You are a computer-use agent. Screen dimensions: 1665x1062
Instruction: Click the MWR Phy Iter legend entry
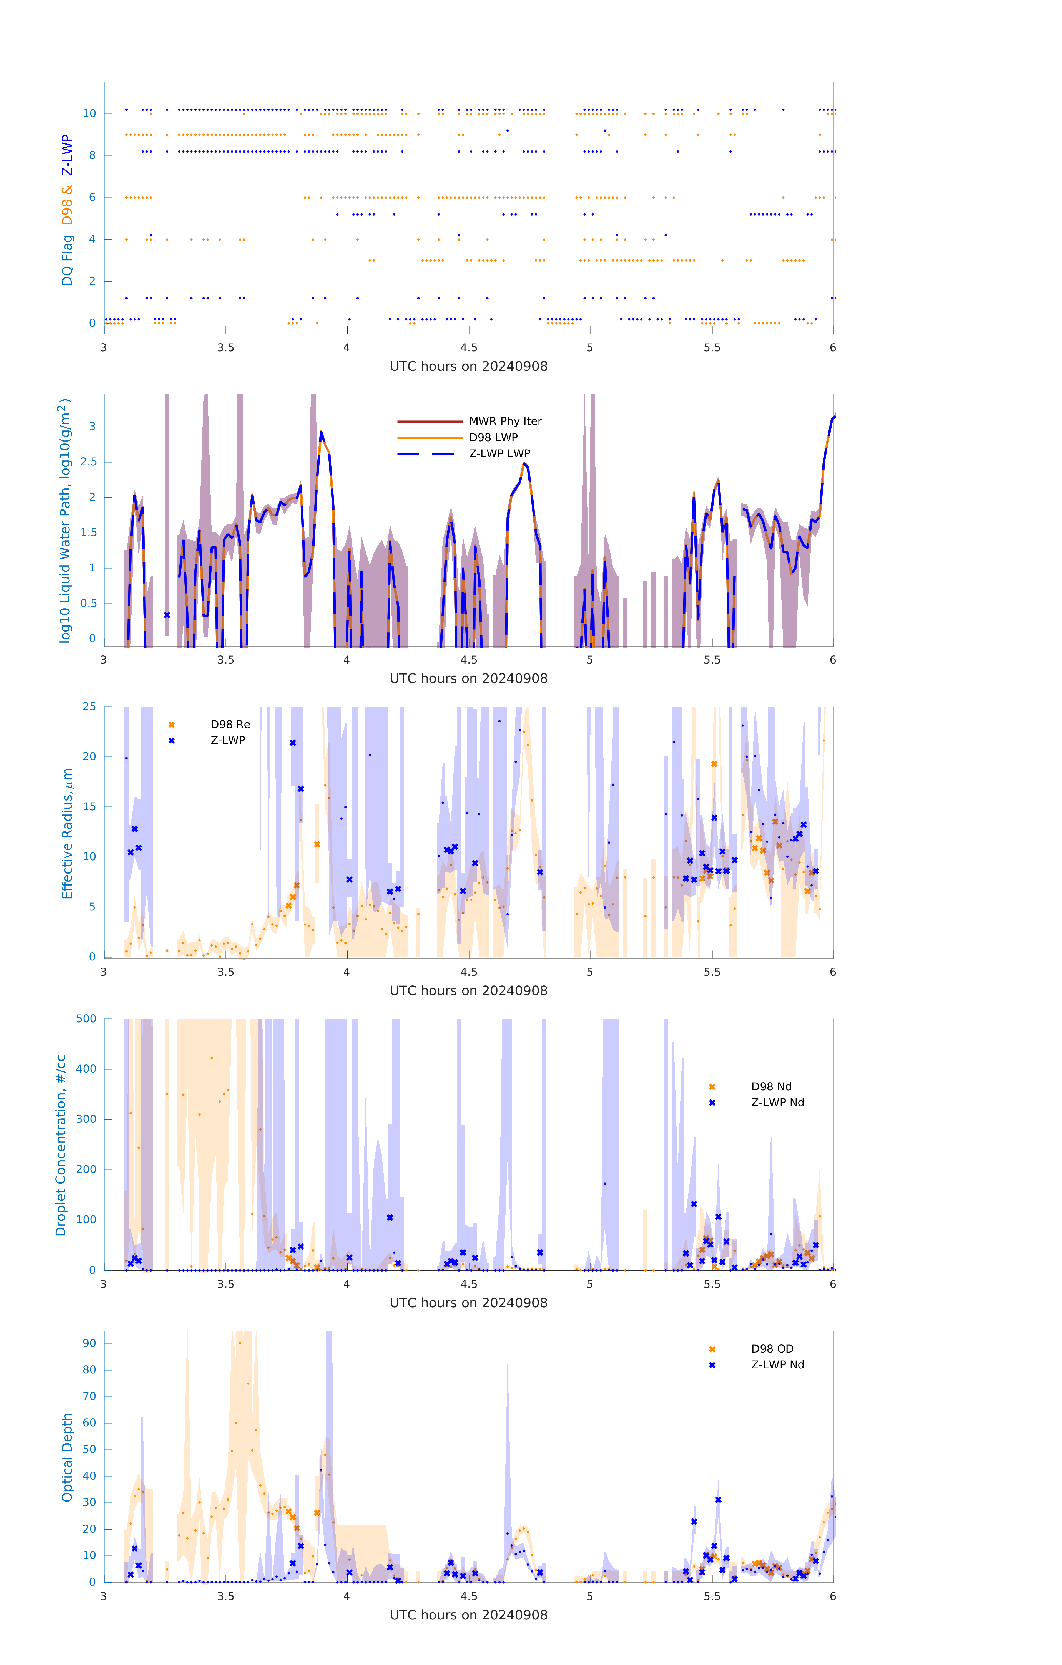tap(505, 421)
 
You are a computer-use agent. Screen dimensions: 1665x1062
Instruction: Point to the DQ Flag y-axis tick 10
tap(89, 113)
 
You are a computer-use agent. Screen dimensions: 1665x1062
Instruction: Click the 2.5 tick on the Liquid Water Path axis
tap(89, 462)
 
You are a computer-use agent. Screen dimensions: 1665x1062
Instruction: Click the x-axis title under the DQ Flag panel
tap(468, 367)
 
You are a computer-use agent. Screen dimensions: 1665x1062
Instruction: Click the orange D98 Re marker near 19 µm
tap(714, 764)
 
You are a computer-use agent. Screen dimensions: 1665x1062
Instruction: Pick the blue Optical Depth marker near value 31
tap(718, 1500)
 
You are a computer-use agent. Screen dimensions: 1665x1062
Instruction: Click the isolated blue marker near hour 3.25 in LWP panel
tap(167, 615)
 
